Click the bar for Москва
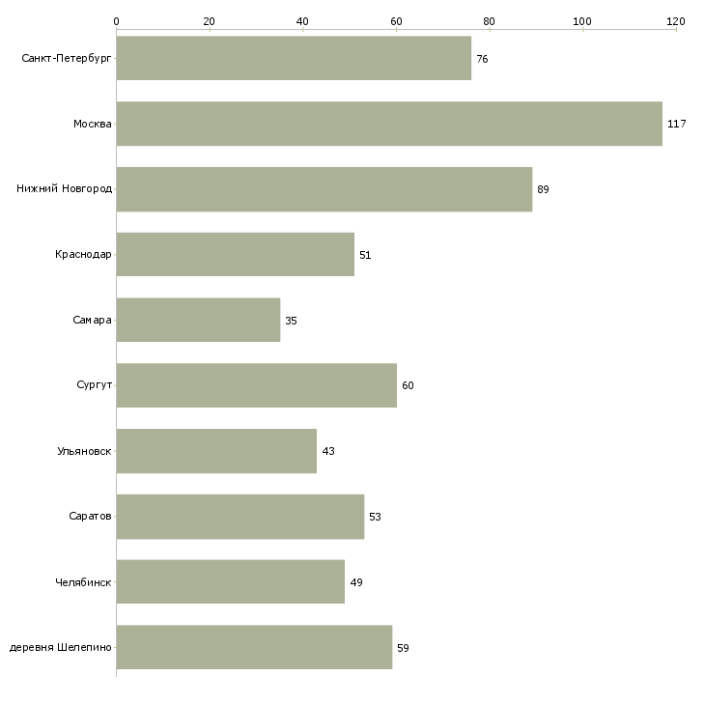pos(389,124)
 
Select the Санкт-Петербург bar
pos(294,58)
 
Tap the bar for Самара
pos(198,320)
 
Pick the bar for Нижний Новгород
pos(324,189)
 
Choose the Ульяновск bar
pos(216,451)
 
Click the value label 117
pos(677,124)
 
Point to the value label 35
pos(291,321)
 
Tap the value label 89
pos(543,189)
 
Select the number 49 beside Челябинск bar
pos(356,582)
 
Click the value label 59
pos(403,648)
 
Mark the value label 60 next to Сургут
pos(408,385)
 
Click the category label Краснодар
pos(83,255)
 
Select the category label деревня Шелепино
pos(60,647)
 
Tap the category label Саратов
pos(90,516)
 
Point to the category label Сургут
pos(94,385)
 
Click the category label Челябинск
pos(83,582)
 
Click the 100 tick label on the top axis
pos(582,21)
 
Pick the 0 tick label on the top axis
pos(117,21)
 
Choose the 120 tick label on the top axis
pos(676,21)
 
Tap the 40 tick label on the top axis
pos(302,21)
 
